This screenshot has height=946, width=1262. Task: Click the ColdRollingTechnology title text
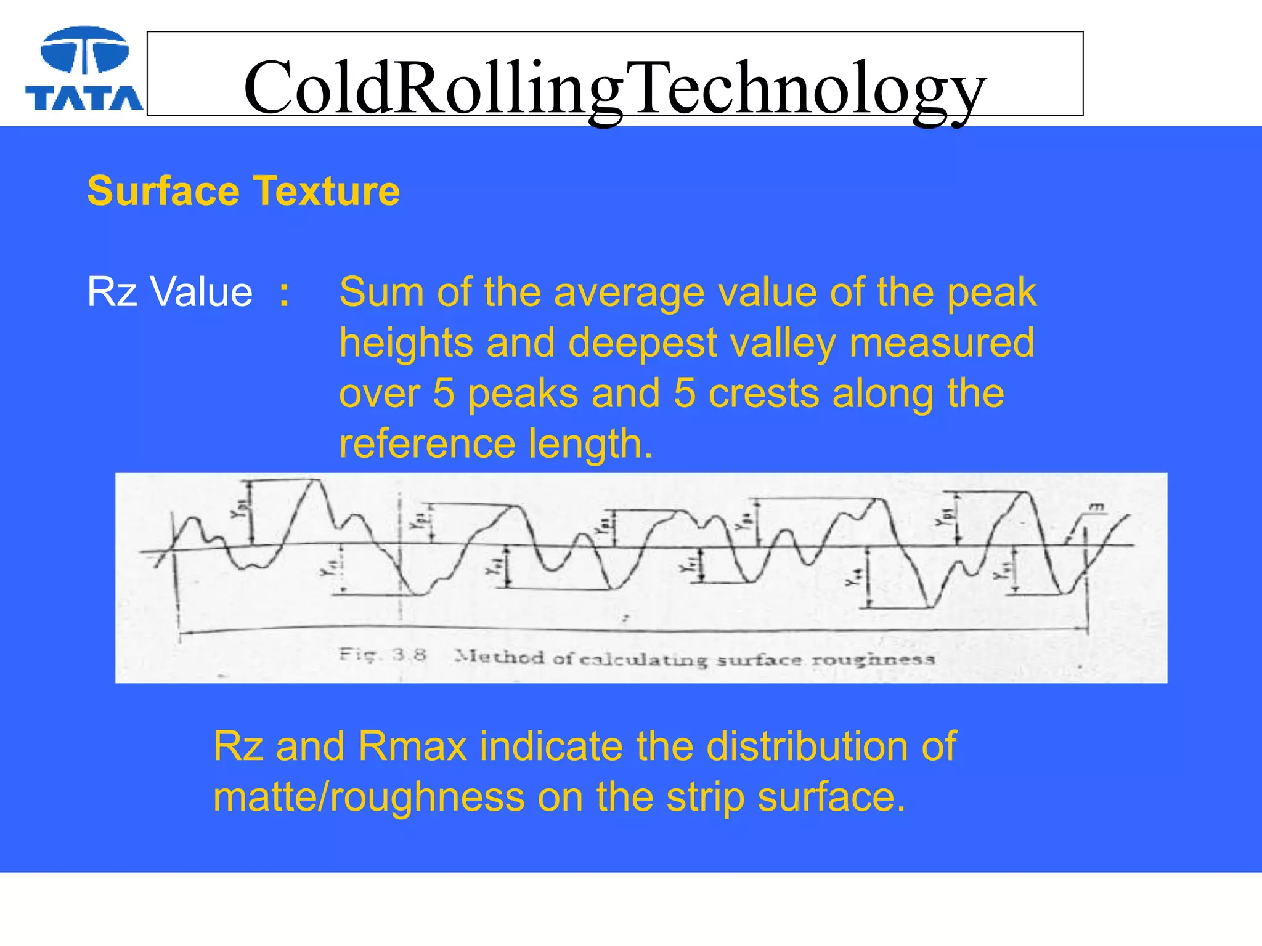pyautogui.click(x=614, y=87)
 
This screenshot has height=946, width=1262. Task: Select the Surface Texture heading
pyautogui.click(x=243, y=191)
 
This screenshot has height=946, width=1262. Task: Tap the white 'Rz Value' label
pyautogui.click(x=169, y=291)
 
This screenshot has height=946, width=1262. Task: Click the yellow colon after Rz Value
pyautogui.click(x=284, y=293)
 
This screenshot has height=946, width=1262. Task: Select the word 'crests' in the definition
pyautogui.click(x=763, y=394)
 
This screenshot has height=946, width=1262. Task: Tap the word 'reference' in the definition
pyautogui.click(x=427, y=444)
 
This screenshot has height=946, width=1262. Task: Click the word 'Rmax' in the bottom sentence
pyautogui.click(x=412, y=746)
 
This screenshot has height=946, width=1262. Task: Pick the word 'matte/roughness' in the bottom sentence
pyautogui.click(x=368, y=797)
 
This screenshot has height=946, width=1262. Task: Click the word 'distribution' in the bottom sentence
pyautogui.click(x=807, y=746)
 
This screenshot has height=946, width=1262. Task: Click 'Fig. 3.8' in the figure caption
pyautogui.click(x=382, y=654)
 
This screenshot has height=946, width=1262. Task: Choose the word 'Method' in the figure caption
pyautogui.click(x=500, y=657)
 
